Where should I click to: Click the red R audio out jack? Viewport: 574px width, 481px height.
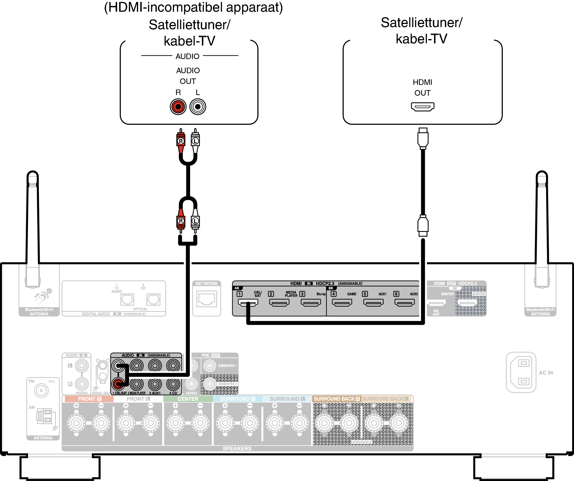click(178, 107)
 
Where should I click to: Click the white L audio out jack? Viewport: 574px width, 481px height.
click(198, 107)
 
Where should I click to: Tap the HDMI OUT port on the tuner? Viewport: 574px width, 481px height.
click(423, 107)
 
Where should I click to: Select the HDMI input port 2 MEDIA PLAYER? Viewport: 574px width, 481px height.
click(279, 303)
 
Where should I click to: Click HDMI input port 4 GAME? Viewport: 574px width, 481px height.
click(342, 303)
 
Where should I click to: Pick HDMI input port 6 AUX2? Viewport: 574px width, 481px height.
click(405, 303)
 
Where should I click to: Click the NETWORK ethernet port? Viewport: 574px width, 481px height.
click(207, 299)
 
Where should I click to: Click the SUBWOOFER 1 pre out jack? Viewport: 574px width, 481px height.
click(210, 366)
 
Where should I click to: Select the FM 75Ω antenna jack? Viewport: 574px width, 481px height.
click(41, 391)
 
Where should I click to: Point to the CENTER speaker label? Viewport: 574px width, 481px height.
click(188, 399)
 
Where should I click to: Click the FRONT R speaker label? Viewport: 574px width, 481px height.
click(89, 399)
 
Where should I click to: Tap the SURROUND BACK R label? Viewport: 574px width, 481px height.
click(337, 399)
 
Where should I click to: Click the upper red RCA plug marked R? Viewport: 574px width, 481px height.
click(181, 141)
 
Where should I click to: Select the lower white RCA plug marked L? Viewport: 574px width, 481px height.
click(195, 221)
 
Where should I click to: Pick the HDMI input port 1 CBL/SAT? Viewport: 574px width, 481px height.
click(248, 303)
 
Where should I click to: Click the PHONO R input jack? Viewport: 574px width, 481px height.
click(82, 384)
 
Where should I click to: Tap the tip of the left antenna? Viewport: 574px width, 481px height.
click(33, 173)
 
